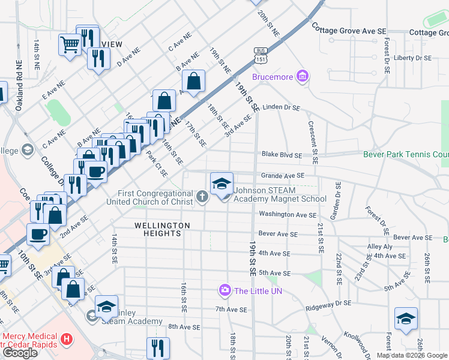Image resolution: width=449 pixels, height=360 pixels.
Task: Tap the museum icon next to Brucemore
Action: point(303,76)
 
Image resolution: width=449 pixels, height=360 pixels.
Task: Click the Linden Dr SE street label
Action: point(281,107)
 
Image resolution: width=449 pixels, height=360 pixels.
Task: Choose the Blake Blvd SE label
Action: point(281,155)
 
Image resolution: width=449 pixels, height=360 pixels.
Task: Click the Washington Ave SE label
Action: point(287,214)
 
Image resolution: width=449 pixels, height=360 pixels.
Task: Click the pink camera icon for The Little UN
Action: point(225,291)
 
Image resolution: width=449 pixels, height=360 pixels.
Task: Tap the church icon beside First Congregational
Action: point(203,196)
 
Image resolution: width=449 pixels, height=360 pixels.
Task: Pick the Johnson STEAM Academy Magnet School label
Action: point(280,195)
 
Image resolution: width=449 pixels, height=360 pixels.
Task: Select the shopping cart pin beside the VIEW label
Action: point(70,44)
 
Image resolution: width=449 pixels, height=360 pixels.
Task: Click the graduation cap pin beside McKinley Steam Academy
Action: point(106,307)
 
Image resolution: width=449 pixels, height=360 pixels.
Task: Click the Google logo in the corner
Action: point(20,353)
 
